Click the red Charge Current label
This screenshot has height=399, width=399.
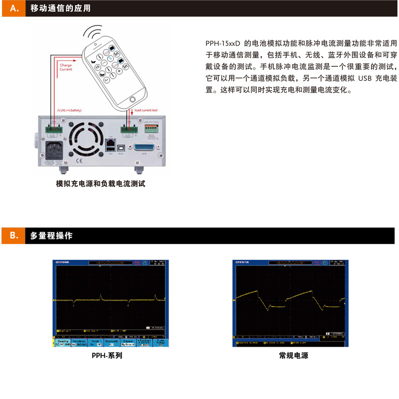pyautogui.click(x=66, y=67)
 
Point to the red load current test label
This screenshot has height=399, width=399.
pyautogui.click(x=147, y=110)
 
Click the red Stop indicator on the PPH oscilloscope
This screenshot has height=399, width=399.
pyautogui.click(x=137, y=262)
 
